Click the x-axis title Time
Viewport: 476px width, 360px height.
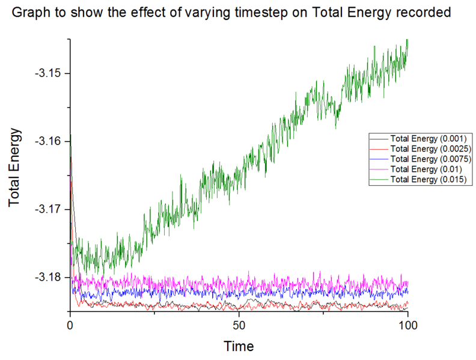click(x=239, y=346)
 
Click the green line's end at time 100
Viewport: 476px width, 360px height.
click(x=407, y=41)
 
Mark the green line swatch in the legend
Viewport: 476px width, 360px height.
click(x=380, y=179)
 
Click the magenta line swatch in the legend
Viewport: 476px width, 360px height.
click(x=380, y=169)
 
